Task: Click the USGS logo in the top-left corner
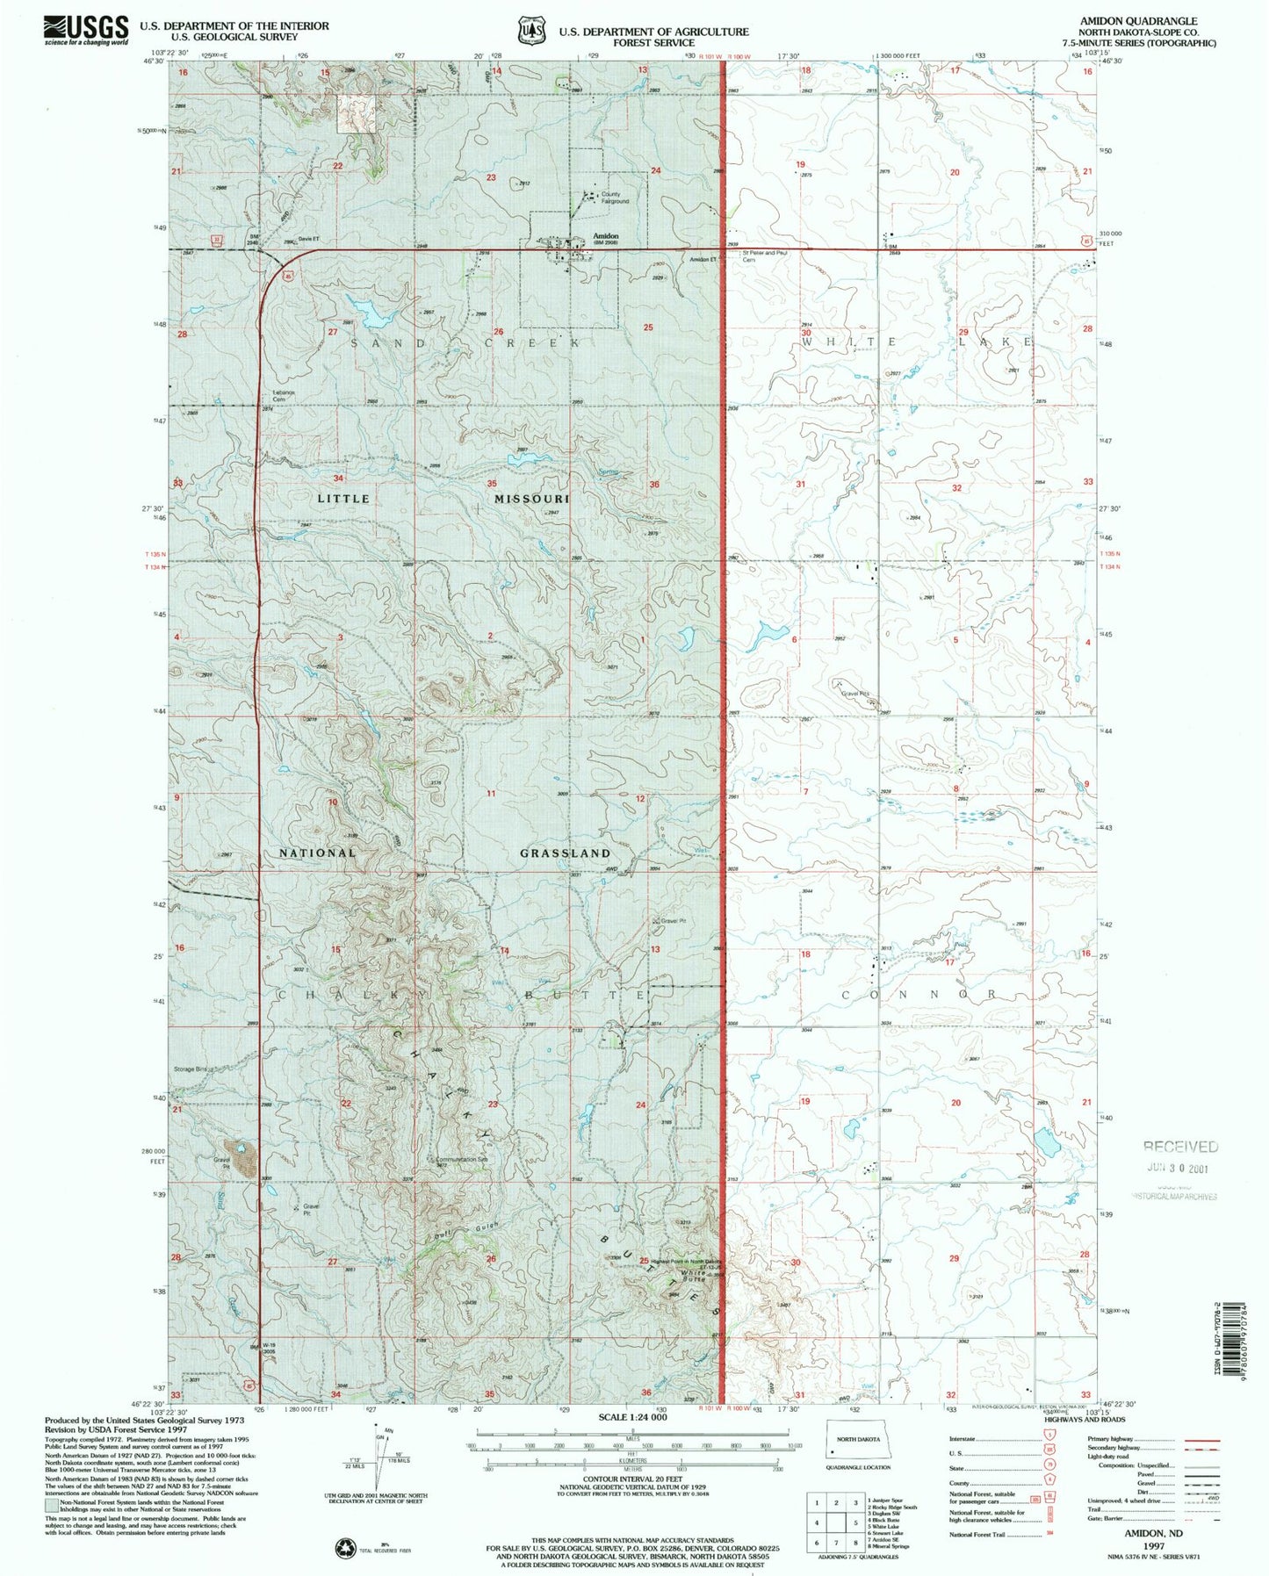(85, 31)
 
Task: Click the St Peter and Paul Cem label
(763, 255)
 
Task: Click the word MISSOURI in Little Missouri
(531, 499)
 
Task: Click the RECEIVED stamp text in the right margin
(1179, 1147)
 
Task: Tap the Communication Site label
(458, 1159)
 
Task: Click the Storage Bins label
(193, 1069)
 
